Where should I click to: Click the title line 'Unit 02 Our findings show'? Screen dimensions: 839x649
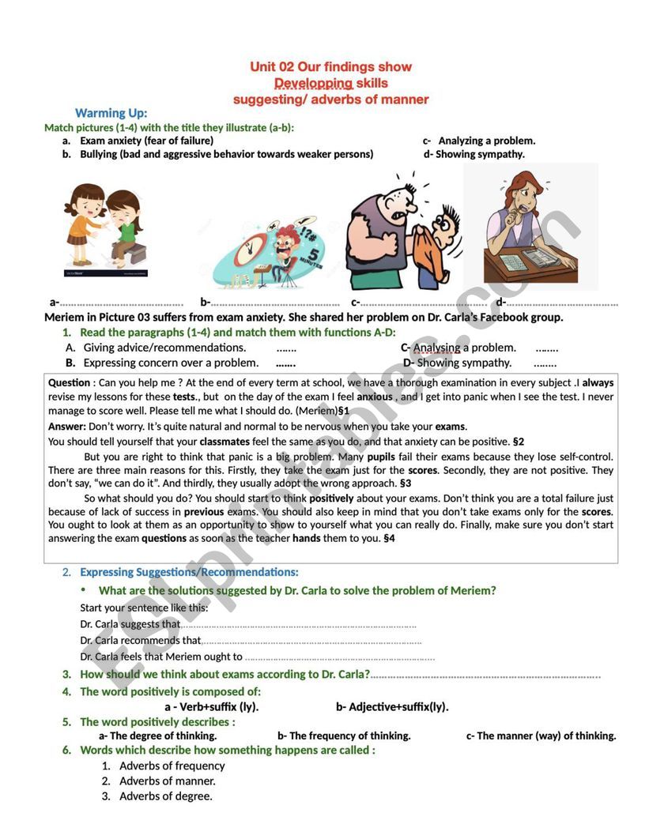(330, 66)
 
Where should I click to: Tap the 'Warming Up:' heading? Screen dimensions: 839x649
(111, 113)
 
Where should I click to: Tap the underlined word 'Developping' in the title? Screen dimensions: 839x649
(313, 83)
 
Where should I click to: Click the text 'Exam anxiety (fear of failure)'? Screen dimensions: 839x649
(146, 141)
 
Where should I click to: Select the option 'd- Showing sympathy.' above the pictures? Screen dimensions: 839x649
(474, 154)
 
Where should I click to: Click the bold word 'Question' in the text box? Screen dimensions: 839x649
(70, 382)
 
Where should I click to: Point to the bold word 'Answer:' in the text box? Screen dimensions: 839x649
(67, 426)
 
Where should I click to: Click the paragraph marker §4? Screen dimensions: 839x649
(388, 539)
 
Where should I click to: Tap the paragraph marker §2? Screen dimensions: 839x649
(519, 442)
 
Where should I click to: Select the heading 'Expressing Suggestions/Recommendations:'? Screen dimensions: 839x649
(189, 572)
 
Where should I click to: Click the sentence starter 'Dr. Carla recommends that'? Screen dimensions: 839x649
(141, 641)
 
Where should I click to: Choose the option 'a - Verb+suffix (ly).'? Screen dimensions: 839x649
(211, 706)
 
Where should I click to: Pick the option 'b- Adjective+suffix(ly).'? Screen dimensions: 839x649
(392, 706)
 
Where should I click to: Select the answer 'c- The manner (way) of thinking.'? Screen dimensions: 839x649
(541, 736)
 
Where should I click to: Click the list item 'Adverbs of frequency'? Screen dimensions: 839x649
(172, 766)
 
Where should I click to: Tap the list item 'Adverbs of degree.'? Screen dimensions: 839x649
(165, 796)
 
